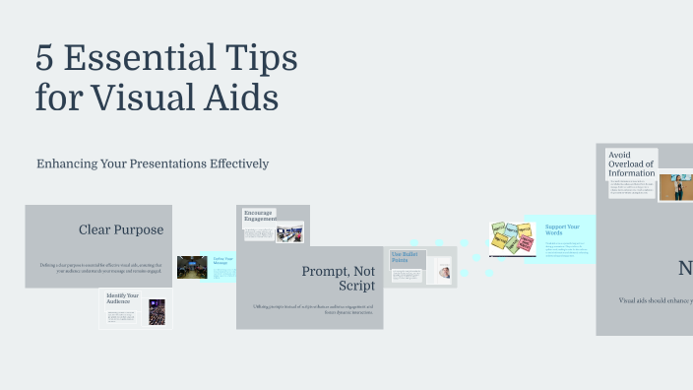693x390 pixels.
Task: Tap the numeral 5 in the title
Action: click(x=44, y=59)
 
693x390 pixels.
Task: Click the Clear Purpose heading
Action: click(x=121, y=230)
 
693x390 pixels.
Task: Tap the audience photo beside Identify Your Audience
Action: click(x=156, y=312)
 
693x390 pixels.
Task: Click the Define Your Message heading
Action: click(x=222, y=261)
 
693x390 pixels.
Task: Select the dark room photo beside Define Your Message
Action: click(x=192, y=268)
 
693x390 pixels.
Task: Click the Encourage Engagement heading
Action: click(x=258, y=215)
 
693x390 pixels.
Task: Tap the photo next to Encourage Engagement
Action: click(x=289, y=234)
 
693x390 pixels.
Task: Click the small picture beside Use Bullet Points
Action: click(x=444, y=271)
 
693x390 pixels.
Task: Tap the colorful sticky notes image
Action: click(x=512, y=239)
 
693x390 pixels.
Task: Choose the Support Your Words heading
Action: click(x=562, y=229)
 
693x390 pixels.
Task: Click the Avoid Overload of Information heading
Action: click(x=631, y=163)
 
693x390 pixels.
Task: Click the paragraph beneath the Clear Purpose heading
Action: click(x=98, y=268)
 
